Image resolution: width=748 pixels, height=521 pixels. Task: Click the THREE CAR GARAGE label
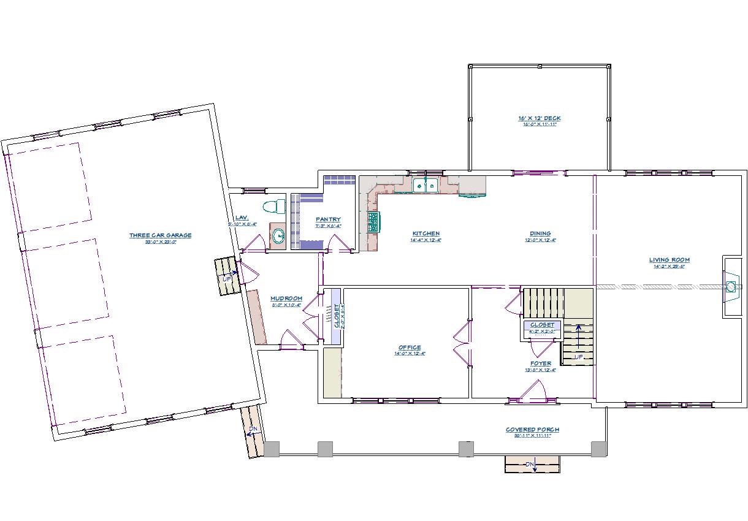coord(160,235)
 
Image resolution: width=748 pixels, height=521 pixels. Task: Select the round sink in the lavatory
coord(278,235)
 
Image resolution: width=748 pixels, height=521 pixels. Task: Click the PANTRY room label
coord(328,219)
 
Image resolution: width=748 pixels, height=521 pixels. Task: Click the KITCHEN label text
coord(426,234)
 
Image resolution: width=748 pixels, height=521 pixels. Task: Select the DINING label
coord(540,234)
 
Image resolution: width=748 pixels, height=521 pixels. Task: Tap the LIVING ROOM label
coord(670,260)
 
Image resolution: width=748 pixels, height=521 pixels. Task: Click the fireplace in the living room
coord(731,286)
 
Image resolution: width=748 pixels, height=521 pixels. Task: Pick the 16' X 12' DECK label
coord(539,118)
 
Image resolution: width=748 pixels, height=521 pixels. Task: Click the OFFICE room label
coord(410,348)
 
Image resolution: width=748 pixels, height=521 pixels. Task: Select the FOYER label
coord(540,363)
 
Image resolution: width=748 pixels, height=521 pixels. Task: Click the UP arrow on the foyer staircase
coord(578,338)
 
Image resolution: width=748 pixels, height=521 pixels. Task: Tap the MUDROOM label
coord(286,299)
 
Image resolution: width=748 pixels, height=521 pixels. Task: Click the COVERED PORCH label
coord(532,430)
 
